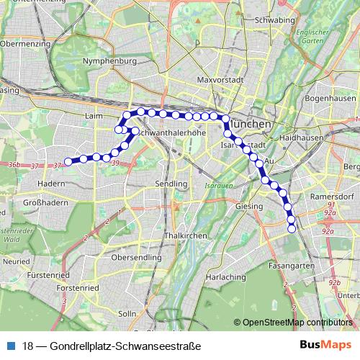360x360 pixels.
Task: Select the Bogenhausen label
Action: click(330, 98)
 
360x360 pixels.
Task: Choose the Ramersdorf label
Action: click(330, 196)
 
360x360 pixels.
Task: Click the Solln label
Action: click(127, 314)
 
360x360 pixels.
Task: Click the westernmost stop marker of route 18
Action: click(68, 162)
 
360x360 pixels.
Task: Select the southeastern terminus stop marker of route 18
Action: click(292, 229)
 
